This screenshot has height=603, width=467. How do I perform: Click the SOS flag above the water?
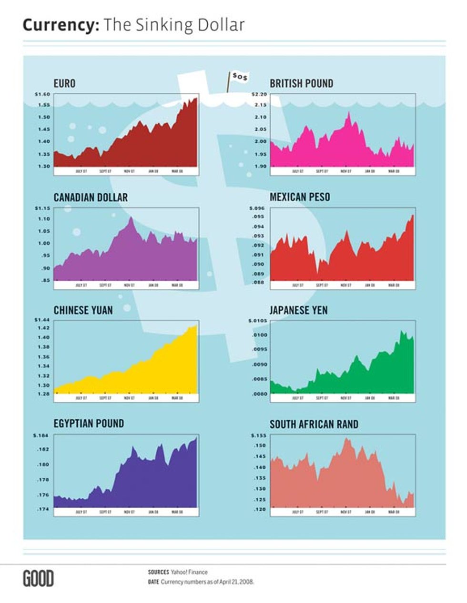coord(240,77)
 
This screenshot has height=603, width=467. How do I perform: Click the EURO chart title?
coord(64,83)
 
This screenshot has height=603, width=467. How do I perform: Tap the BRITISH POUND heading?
coord(301,83)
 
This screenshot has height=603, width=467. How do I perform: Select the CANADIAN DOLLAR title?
coord(91,197)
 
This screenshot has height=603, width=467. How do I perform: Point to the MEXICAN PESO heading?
coord(300,197)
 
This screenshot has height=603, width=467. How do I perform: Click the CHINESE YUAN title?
coord(83,310)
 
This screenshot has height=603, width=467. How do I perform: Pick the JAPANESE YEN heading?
coord(298,310)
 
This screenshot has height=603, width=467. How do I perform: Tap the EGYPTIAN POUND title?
coord(89,424)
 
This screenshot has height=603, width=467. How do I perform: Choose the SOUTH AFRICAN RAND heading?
coord(314,424)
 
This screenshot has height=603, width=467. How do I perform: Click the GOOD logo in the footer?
coord(38,578)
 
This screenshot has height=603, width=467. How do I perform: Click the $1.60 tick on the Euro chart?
coord(42,94)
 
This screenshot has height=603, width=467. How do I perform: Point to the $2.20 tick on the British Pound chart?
coord(259,94)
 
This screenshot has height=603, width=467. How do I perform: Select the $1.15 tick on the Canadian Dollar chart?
coord(42,208)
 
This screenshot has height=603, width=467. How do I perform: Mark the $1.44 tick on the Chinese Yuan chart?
coord(42,320)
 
